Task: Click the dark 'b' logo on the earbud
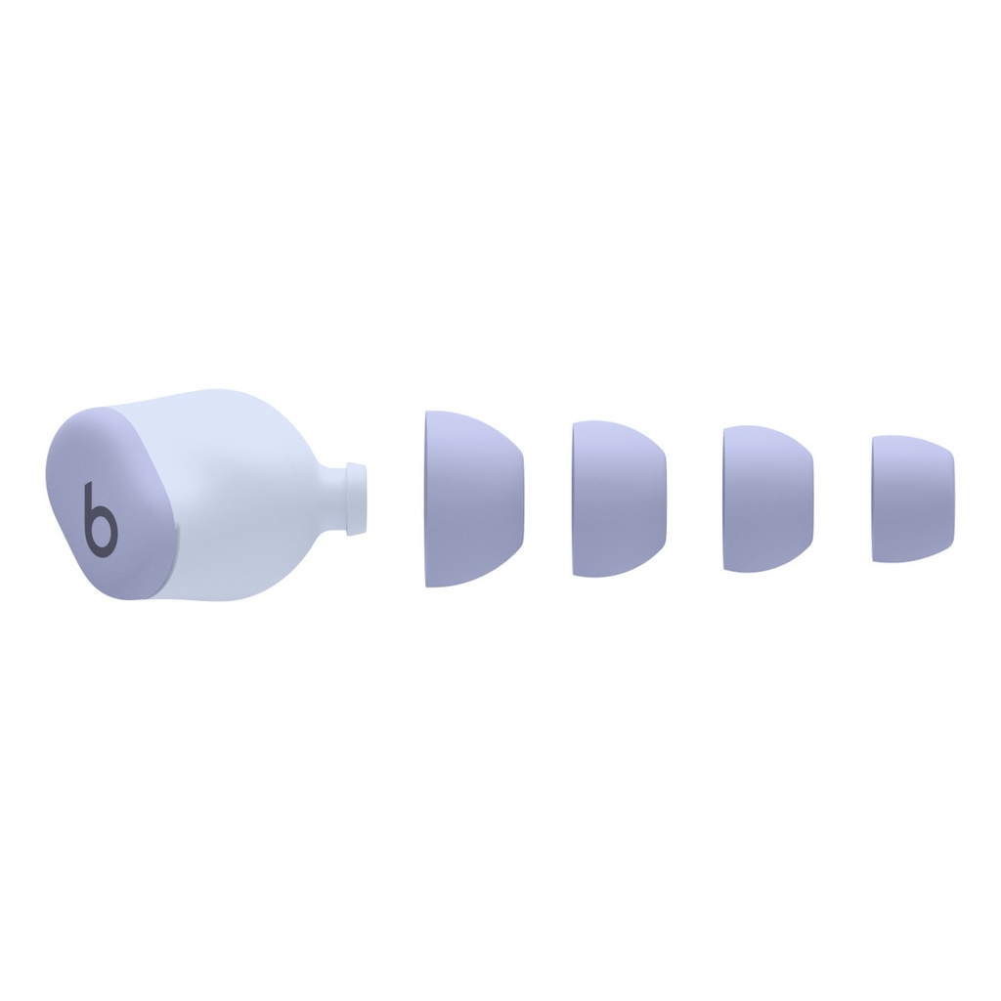coord(100,516)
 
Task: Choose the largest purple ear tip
coord(473,499)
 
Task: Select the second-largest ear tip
coord(619,499)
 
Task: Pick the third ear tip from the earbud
coord(767,499)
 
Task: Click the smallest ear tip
coord(912,499)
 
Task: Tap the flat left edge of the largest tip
coord(428,499)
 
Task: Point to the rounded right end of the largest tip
coord(521,499)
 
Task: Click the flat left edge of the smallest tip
coord(874,499)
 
